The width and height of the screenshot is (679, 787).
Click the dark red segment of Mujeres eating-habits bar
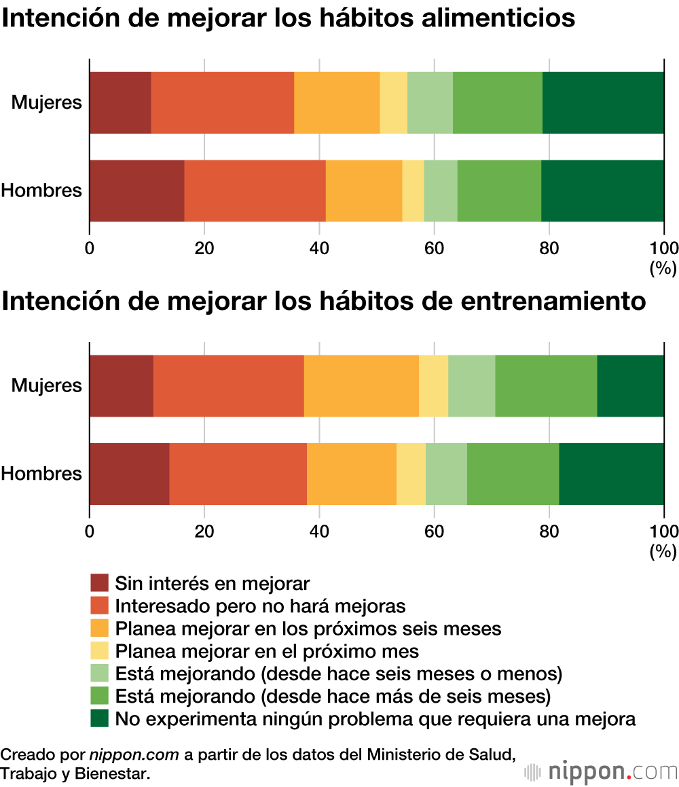(120, 103)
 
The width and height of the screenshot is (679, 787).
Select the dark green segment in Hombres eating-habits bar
(602, 190)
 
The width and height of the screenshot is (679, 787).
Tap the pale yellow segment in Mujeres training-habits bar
(433, 385)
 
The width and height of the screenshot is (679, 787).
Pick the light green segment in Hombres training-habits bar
(445, 474)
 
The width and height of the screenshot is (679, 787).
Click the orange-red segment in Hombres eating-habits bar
(255, 190)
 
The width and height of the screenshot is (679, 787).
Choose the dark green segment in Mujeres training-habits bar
(630, 385)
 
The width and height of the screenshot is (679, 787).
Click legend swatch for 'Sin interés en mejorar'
(99, 582)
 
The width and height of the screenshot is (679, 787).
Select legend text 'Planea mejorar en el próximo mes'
(267, 651)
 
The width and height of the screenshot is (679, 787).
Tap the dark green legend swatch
(99, 718)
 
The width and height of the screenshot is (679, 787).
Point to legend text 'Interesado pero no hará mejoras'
(260, 606)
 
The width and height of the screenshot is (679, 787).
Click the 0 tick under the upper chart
(90, 247)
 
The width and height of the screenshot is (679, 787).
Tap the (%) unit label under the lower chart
(663, 551)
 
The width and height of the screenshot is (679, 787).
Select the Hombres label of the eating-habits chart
(41, 190)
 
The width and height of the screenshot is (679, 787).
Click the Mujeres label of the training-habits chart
(46, 385)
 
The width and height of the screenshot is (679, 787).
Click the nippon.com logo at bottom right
(601, 771)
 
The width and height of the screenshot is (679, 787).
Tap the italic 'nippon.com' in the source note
(134, 754)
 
